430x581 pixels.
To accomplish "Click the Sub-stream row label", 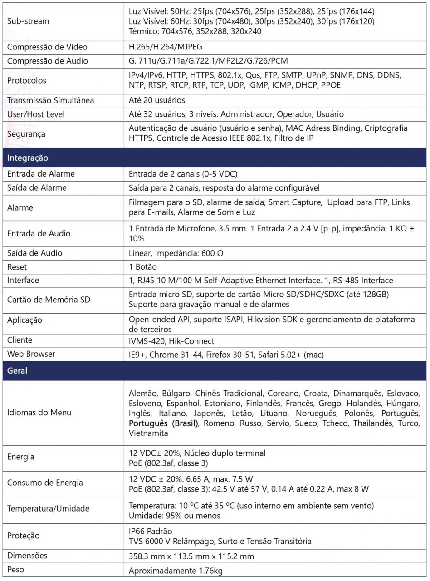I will click(x=28, y=21).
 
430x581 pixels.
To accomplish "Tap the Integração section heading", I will click(x=28, y=158).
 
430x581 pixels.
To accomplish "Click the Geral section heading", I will click(x=17, y=370).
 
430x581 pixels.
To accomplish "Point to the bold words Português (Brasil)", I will click(x=164, y=423).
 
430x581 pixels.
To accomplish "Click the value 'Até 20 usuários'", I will click(x=157, y=100).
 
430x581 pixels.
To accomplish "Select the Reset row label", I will click(x=17, y=266).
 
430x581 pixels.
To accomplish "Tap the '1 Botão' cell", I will click(x=143, y=266).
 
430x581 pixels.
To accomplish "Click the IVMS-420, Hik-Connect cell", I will click(x=171, y=340).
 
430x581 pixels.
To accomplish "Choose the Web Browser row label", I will click(x=31, y=354).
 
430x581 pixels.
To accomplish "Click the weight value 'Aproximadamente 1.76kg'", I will click(x=176, y=571).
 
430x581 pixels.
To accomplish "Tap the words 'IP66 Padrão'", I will click(x=151, y=531).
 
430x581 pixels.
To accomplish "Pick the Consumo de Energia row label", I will click(x=45, y=483).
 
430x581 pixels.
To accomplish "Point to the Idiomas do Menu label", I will click(x=39, y=413).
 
